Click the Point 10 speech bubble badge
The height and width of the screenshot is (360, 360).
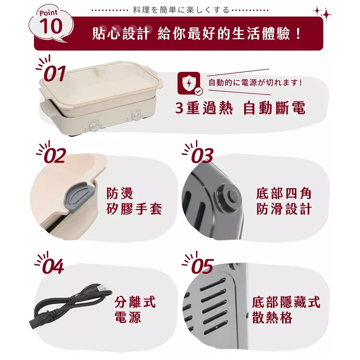click(x=51, y=26)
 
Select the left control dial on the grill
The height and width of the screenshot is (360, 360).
click(x=94, y=126)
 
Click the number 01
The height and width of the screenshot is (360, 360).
click(x=54, y=74)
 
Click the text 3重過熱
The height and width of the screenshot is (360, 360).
click(x=204, y=108)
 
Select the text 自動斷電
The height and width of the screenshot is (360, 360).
click(x=274, y=108)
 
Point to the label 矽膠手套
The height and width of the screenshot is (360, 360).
click(x=134, y=208)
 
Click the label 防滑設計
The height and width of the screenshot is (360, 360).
click(x=284, y=209)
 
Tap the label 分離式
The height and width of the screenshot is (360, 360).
click(x=135, y=302)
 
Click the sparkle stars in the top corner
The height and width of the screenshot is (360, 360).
click(x=323, y=13)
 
